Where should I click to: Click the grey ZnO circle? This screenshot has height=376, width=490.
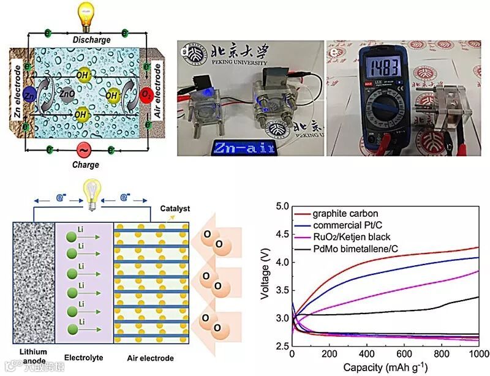(x=67, y=94)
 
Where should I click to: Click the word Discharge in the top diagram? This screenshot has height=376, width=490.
(x=91, y=39)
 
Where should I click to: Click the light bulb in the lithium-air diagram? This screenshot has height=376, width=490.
(x=92, y=192)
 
